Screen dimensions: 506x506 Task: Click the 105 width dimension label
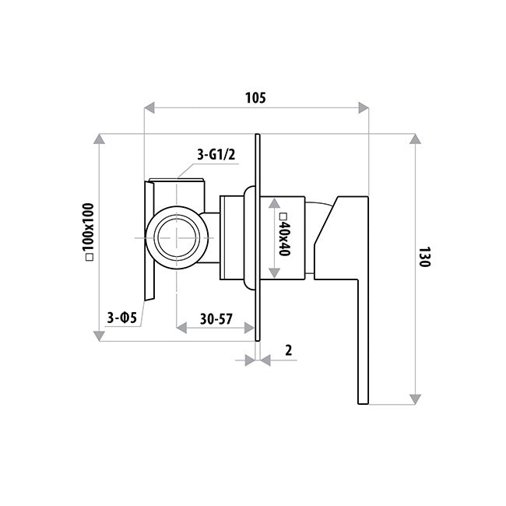255,98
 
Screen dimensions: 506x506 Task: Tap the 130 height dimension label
425,257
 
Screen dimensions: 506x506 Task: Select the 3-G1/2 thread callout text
216,155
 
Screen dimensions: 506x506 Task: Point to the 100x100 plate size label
88,232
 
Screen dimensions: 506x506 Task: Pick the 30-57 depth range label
216,319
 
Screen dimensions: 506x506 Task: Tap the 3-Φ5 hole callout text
122,318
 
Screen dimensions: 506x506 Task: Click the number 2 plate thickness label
289,350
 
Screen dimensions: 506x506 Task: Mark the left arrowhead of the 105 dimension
149,107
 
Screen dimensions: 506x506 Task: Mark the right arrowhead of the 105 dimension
364,107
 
